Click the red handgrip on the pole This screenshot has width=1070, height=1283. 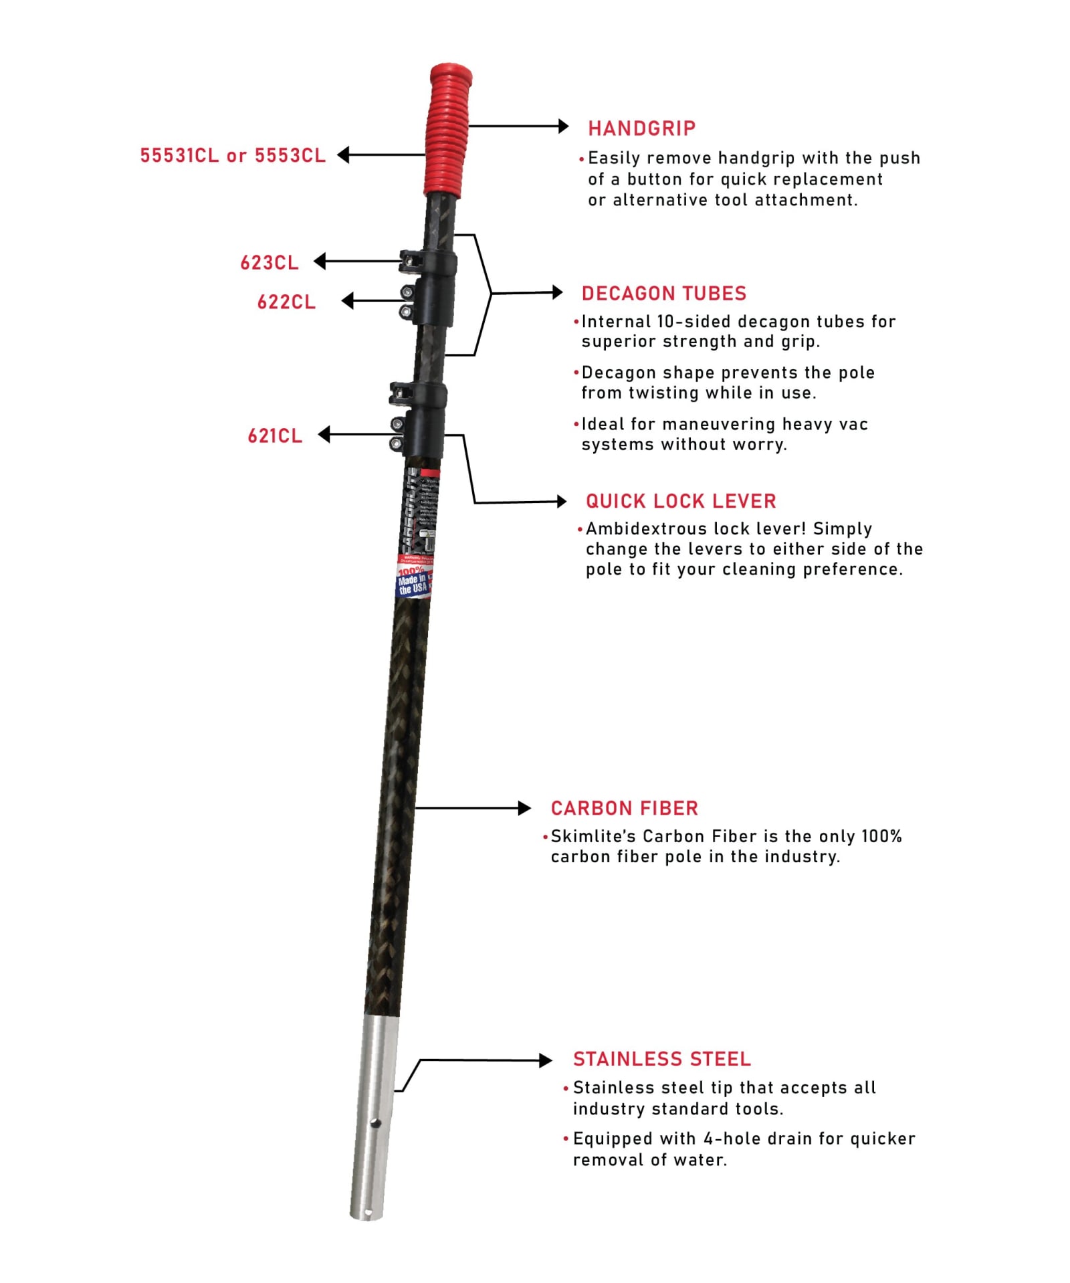coord(447,130)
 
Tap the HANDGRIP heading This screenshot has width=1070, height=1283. coord(641,128)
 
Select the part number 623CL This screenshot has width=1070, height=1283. coord(270,262)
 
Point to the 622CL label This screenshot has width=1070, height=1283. coord(286,302)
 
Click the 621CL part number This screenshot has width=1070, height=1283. coord(275,435)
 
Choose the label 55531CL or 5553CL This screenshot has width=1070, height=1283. coord(233,155)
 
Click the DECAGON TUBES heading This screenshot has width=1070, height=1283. coord(663,293)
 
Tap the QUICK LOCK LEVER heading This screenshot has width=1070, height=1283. coord(681,501)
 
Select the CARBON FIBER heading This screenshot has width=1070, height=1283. coord(624,808)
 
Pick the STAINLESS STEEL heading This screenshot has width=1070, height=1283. coord(661,1059)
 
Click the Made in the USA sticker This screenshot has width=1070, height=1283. coord(413,581)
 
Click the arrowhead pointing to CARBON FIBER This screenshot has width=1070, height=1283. coord(525,808)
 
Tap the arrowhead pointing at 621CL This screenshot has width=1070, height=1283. coord(324,435)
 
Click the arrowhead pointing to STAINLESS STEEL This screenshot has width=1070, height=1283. coord(546,1060)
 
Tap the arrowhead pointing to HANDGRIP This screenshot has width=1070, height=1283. coord(563,126)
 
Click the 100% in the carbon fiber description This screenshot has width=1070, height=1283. coord(881,836)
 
